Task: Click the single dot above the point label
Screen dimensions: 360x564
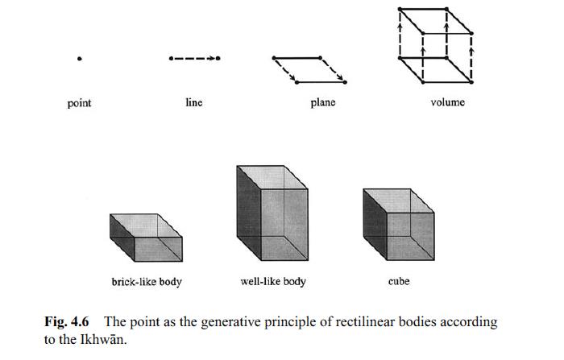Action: (x=79, y=59)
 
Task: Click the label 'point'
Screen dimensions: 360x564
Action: (x=79, y=103)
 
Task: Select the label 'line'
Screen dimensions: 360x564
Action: (x=193, y=102)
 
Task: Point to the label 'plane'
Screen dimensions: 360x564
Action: (x=322, y=102)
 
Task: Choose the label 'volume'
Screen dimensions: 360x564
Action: (x=447, y=102)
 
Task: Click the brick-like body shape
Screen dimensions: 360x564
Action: (x=147, y=239)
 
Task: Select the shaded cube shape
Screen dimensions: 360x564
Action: (x=398, y=226)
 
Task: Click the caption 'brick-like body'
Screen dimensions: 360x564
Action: (x=146, y=282)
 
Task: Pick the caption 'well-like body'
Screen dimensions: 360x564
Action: (x=273, y=282)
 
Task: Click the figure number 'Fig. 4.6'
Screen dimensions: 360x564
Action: (x=67, y=322)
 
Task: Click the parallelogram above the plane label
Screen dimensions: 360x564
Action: (x=310, y=69)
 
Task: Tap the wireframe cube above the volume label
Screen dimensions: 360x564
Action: (x=436, y=45)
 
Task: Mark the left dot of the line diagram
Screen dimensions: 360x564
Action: (x=171, y=58)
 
